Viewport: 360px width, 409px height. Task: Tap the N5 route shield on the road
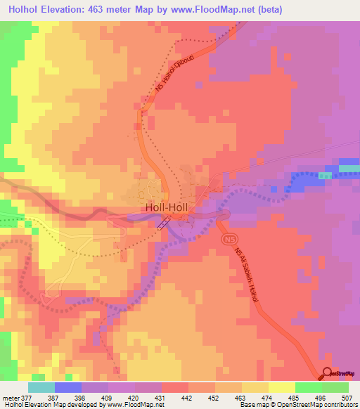point(229,240)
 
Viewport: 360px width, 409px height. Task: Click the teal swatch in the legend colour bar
point(41,387)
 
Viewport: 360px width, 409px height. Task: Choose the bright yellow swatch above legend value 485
point(281,387)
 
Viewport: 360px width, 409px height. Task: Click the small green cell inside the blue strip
point(325,175)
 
